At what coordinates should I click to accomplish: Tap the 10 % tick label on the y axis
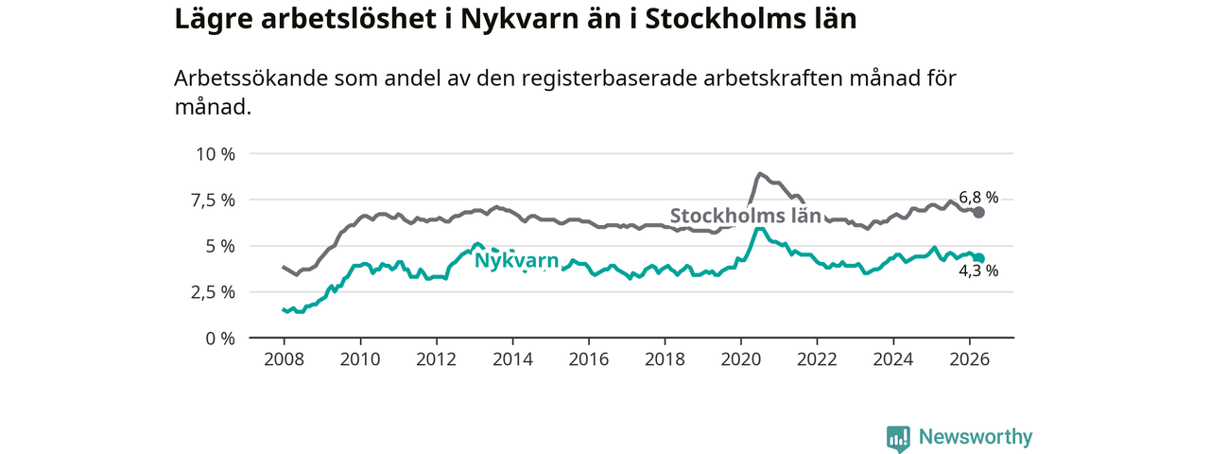tap(216, 154)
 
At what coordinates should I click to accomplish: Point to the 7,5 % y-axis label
tap(213, 201)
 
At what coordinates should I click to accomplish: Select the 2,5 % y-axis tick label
tap(213, 292)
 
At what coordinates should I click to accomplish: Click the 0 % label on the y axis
tap(220, 339)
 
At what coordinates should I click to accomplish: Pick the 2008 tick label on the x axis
tap(285, 359)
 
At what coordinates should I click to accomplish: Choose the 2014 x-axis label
tap(512, 359)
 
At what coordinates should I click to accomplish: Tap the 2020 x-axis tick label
tap(741, 359)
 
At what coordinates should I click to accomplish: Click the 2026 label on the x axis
tap(970, 359)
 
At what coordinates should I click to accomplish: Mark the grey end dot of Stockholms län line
tap(978, 213)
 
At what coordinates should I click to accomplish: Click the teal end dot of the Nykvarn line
tap(978, 258)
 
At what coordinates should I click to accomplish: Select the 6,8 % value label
tap(978, 198)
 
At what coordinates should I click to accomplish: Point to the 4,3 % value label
tap(978, 271)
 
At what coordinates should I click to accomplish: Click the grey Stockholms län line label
tap(746, 216)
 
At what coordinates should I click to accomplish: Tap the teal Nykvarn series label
tap(516, 261)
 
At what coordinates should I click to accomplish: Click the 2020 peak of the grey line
tap(759, 173)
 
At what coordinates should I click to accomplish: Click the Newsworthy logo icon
tap(898, 438)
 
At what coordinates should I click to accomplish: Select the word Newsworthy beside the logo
tap(976, 437)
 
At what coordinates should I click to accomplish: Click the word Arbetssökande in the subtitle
tap(251, 79)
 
